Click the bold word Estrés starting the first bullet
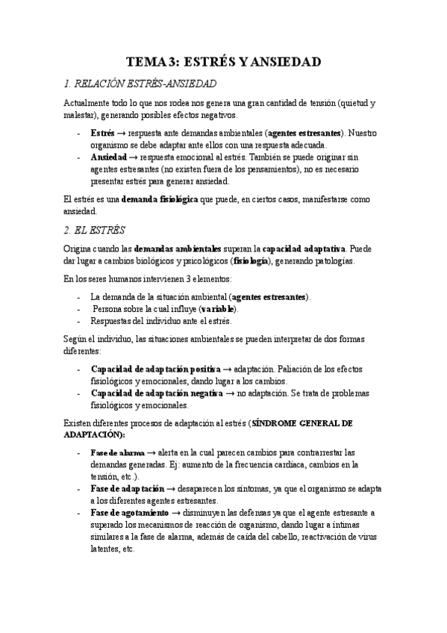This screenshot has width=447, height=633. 103,132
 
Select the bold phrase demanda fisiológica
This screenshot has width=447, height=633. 155,199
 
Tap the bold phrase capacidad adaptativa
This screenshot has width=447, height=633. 304,247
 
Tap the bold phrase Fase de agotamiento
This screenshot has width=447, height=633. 128,513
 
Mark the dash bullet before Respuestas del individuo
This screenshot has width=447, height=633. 79,321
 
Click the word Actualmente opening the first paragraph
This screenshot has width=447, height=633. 86,102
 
